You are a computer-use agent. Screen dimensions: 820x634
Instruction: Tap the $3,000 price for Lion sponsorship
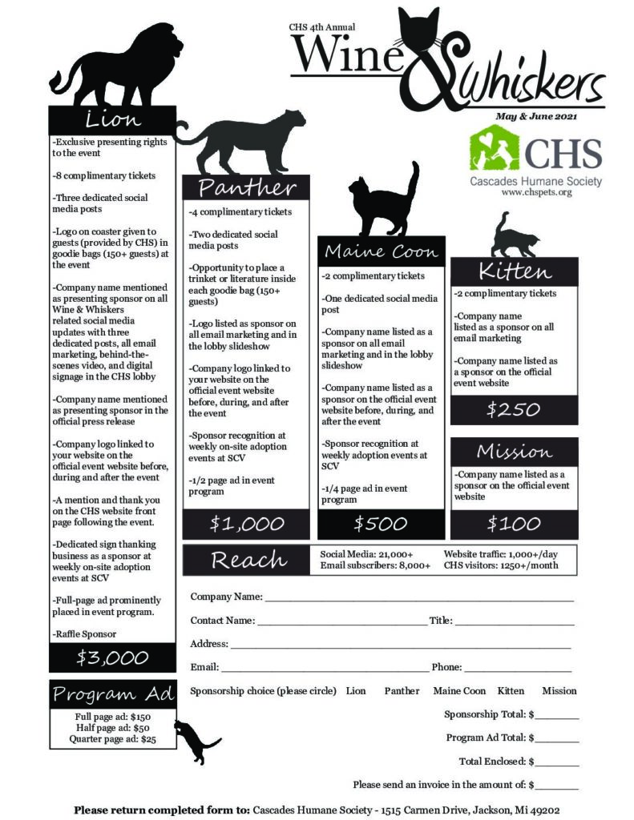click(x=112, y=658)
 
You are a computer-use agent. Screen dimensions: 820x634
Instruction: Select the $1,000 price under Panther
click(x=246, y=525)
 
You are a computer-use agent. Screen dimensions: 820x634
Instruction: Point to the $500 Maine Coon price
click(x=381, y=525)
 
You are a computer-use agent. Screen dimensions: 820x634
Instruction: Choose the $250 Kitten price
click(x=514, y=410)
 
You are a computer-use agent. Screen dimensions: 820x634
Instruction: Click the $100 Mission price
click(x=514, y=525)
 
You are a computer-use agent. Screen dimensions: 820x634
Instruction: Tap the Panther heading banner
click(x=246, y=188)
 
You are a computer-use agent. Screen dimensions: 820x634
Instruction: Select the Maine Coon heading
click(x=381, y=251)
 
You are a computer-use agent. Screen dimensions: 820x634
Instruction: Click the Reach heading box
click(x=248, y=560)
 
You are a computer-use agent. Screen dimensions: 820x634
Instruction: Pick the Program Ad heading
click(x=113, y=694)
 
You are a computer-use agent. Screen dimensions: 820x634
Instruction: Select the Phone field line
click(x=518, y=668)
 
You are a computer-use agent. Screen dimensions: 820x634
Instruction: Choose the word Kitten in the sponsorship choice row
click(x=511, y=691)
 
